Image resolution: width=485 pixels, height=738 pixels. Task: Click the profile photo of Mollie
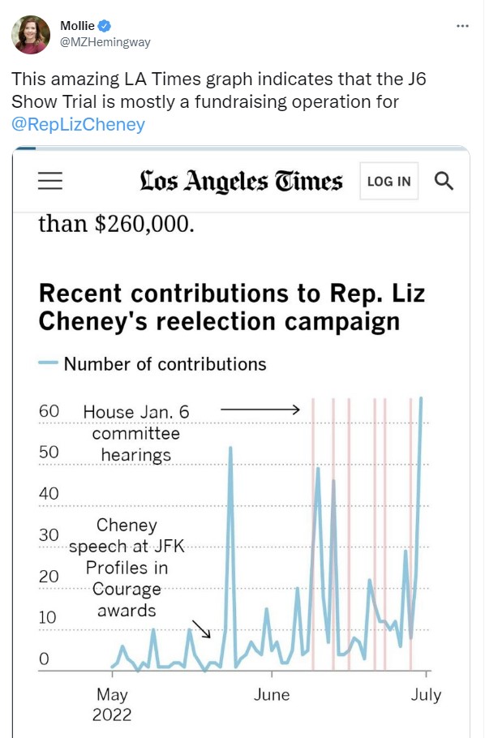pos(31,34)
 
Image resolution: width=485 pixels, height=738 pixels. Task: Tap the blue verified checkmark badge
pos(104,26)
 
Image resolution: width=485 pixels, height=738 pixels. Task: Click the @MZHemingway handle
pos(105,42)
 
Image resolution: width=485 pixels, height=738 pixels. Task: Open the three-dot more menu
pos(462,26)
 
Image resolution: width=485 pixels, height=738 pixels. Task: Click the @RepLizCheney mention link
pos(78,124)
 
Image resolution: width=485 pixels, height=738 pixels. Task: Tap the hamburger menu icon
pos(50,181)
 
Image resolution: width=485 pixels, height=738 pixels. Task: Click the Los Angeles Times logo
pos(241,181)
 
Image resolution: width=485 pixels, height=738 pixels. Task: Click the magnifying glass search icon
pos(444,181)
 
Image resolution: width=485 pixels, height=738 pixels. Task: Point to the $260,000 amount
pos(144,224)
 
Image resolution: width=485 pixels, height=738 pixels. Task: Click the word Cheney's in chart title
pos(92,322)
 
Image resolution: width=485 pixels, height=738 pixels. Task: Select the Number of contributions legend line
pos(48,363)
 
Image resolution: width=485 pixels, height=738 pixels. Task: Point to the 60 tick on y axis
pos(49,411)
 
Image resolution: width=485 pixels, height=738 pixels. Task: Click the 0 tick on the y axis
pos(44,659)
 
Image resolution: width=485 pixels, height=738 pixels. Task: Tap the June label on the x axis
pos(272,695)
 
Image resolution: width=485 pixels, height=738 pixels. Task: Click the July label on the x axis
pos(426,695)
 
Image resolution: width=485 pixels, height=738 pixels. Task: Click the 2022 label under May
pos(112,715)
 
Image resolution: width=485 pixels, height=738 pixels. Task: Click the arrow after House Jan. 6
pos(260,410)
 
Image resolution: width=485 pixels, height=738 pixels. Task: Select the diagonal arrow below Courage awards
pos(201,629)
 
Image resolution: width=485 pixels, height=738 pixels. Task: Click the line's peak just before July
pos(421,398)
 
